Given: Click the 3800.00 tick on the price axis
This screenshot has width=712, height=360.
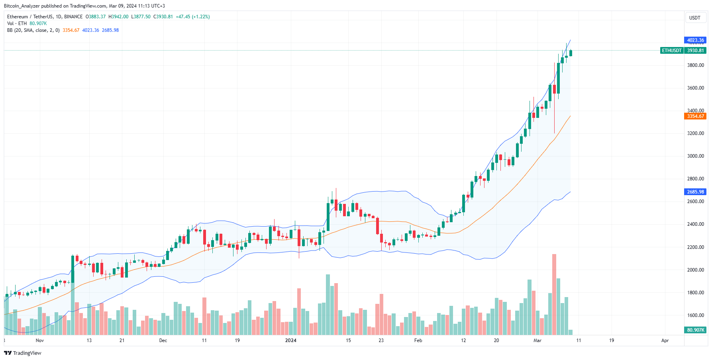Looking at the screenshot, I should pyautogui.click(x=695, y=65).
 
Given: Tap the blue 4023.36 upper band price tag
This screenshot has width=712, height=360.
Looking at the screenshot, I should pyautogui.click(x=695, y=40).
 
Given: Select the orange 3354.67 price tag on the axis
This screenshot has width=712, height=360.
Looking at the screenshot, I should pyautogui.click(x=695, y=116).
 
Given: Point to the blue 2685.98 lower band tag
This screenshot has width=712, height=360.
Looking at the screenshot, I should pyautogui.click(x=695, y=192).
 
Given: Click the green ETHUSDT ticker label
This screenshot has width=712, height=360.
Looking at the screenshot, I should pyautogui.click(x=672, y=51).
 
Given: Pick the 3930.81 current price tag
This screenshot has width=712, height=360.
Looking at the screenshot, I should pyautogui.click(x=695, y=51).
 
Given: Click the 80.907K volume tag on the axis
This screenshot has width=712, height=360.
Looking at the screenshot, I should pyautogui.click(x=695, y=330).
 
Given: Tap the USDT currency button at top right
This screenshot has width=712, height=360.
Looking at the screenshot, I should pyautogui.click(x=695, y=18).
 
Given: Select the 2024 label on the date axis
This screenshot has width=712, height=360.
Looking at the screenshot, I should pyautogui.click(x=291, y=340).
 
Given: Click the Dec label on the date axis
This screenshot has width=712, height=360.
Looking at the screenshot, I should pyautogui.click(x=163, y=340).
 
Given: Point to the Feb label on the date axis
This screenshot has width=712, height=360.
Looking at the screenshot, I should pyautogui.click(x=418, y=340).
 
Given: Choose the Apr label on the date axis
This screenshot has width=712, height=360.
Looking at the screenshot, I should pyautogui.click(x=665, y=340).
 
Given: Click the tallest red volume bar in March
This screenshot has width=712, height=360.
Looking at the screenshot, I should pyautogui.click(x=554, y=295).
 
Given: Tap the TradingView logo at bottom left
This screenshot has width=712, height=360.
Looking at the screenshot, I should pyautogui.click(x=23, y=353).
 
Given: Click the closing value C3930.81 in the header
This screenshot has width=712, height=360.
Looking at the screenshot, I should pyautogui.click(x=163, y=17).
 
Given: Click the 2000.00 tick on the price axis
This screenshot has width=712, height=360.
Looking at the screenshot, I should pyautogui.click(x=695, y=270).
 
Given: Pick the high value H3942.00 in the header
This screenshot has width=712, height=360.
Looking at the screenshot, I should pyautogui.click(x=118, y=17).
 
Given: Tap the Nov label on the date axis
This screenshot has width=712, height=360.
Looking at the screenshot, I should pyautogui.click(x=40, y=340).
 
